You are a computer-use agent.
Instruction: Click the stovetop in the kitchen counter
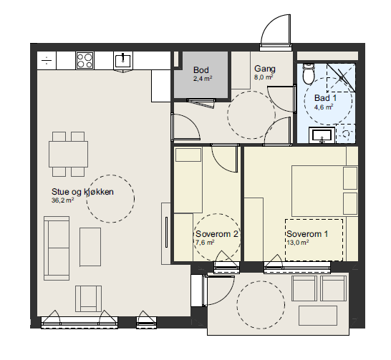tap(85, 61)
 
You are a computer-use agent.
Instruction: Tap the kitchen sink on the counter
tap(123, 61)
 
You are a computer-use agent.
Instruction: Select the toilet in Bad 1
tap(308, 74)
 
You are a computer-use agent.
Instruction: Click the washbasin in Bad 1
tap(322, 135)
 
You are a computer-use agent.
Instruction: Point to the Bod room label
tap(201, 70)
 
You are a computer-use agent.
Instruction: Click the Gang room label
tap(265, 69)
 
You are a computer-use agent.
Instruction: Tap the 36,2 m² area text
tap(62, 200)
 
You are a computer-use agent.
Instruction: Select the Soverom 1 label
tap(307, 234)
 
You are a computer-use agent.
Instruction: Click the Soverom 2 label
tap(217, 234)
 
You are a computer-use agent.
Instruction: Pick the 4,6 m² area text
tap(324, 107)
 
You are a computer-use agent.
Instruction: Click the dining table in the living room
tap(68, 154)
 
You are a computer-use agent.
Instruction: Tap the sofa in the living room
tap(57, 248)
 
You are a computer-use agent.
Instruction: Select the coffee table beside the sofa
tap(90, 247)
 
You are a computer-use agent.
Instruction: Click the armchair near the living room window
tap(89, 298)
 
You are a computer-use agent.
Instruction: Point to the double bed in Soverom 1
tap(325, 191)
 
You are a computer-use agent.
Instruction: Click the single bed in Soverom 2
tap(188, 180)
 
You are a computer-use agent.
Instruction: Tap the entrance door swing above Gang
tap(276, 30)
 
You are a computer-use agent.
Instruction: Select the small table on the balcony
tap(318, 316)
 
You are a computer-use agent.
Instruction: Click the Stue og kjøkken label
tap(82, 192)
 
